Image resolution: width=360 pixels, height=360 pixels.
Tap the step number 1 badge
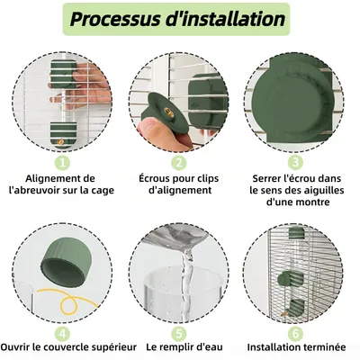click(x=61, y=162)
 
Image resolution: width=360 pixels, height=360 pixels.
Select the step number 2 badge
click(x=179, y=162)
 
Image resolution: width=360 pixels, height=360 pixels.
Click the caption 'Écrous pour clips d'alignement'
click(x=179, y=184)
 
